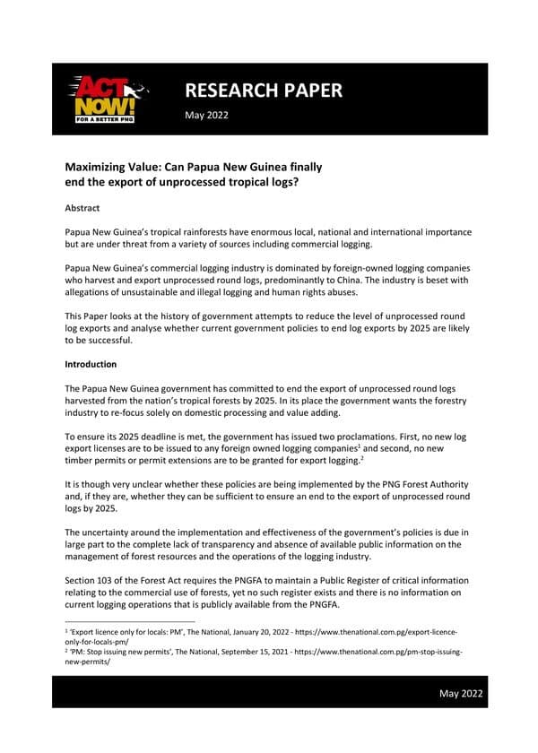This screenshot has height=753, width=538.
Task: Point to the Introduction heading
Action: (x=94, y=365)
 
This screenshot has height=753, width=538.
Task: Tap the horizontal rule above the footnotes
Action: (x=130, y=620)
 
